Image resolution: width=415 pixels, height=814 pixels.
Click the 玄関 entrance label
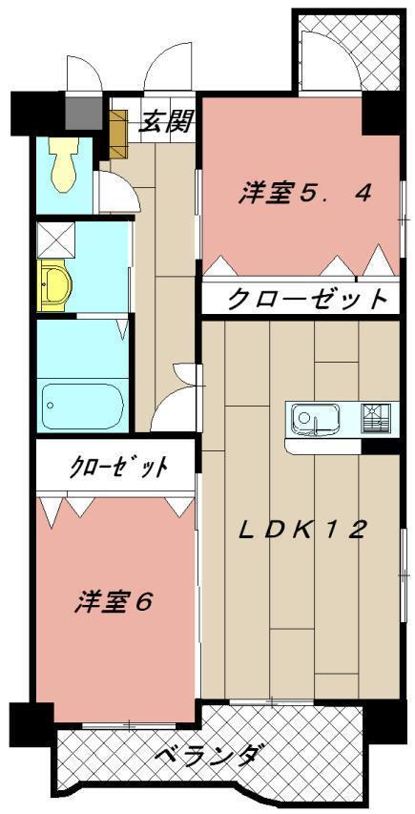[168, 121]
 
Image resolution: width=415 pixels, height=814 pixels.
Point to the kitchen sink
[313, 417]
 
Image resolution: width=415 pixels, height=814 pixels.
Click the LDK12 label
[301, 530]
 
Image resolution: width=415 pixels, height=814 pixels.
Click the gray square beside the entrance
[83, 113]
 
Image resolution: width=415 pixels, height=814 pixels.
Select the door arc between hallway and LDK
[176, 406]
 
